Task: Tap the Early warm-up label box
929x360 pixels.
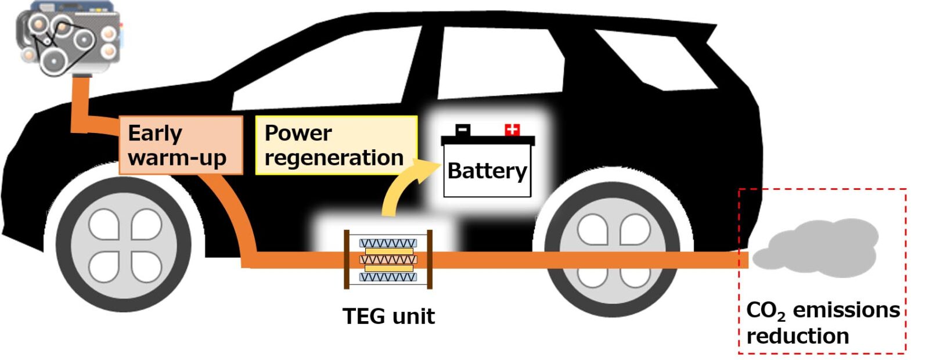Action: [180, 145]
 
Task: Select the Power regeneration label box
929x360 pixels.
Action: [336, 145]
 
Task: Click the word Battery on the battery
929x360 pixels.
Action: [487, 171]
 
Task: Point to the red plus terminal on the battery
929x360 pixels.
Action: [512, 129]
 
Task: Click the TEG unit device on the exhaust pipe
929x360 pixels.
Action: [388, 260]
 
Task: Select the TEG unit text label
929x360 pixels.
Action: [388, 316]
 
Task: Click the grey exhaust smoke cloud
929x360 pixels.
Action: [819, 247]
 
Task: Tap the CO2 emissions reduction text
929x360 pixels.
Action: [822, 323]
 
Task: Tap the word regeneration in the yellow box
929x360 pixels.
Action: [334, 158]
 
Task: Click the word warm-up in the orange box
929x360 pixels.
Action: [177, 158]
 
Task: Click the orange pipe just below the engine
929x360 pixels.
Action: [79, 102]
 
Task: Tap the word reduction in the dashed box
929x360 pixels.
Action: [797, 336]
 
